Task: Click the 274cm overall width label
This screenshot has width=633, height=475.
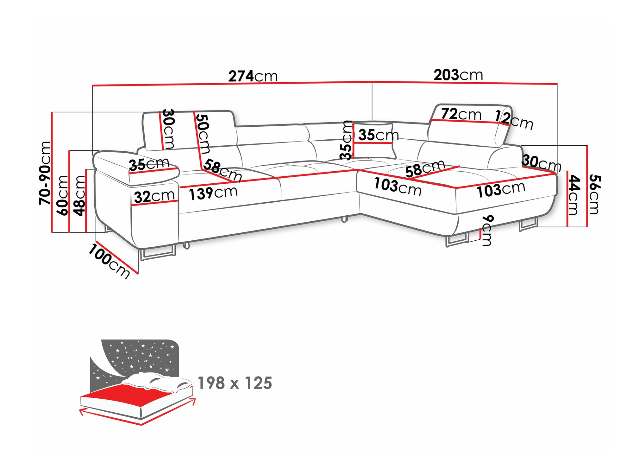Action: (x=253, y=76)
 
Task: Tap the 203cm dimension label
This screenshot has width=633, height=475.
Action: (x=458, y=75)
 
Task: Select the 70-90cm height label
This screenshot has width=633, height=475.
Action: (x=45, y=173)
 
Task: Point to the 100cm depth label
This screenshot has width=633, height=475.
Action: (x=109, y=261)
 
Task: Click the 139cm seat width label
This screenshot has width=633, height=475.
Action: (x=213, y=193)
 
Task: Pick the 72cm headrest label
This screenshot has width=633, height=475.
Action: (x=461, y=114)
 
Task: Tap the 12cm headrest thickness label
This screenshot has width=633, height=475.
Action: (x=514, y=120)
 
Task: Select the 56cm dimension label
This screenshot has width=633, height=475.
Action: (x=594, y=194)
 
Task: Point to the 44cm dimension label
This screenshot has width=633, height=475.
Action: (x=573, y=195)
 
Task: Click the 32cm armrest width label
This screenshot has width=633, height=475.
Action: (x=154, y=196)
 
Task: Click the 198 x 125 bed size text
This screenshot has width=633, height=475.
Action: (x=235, y=383)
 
